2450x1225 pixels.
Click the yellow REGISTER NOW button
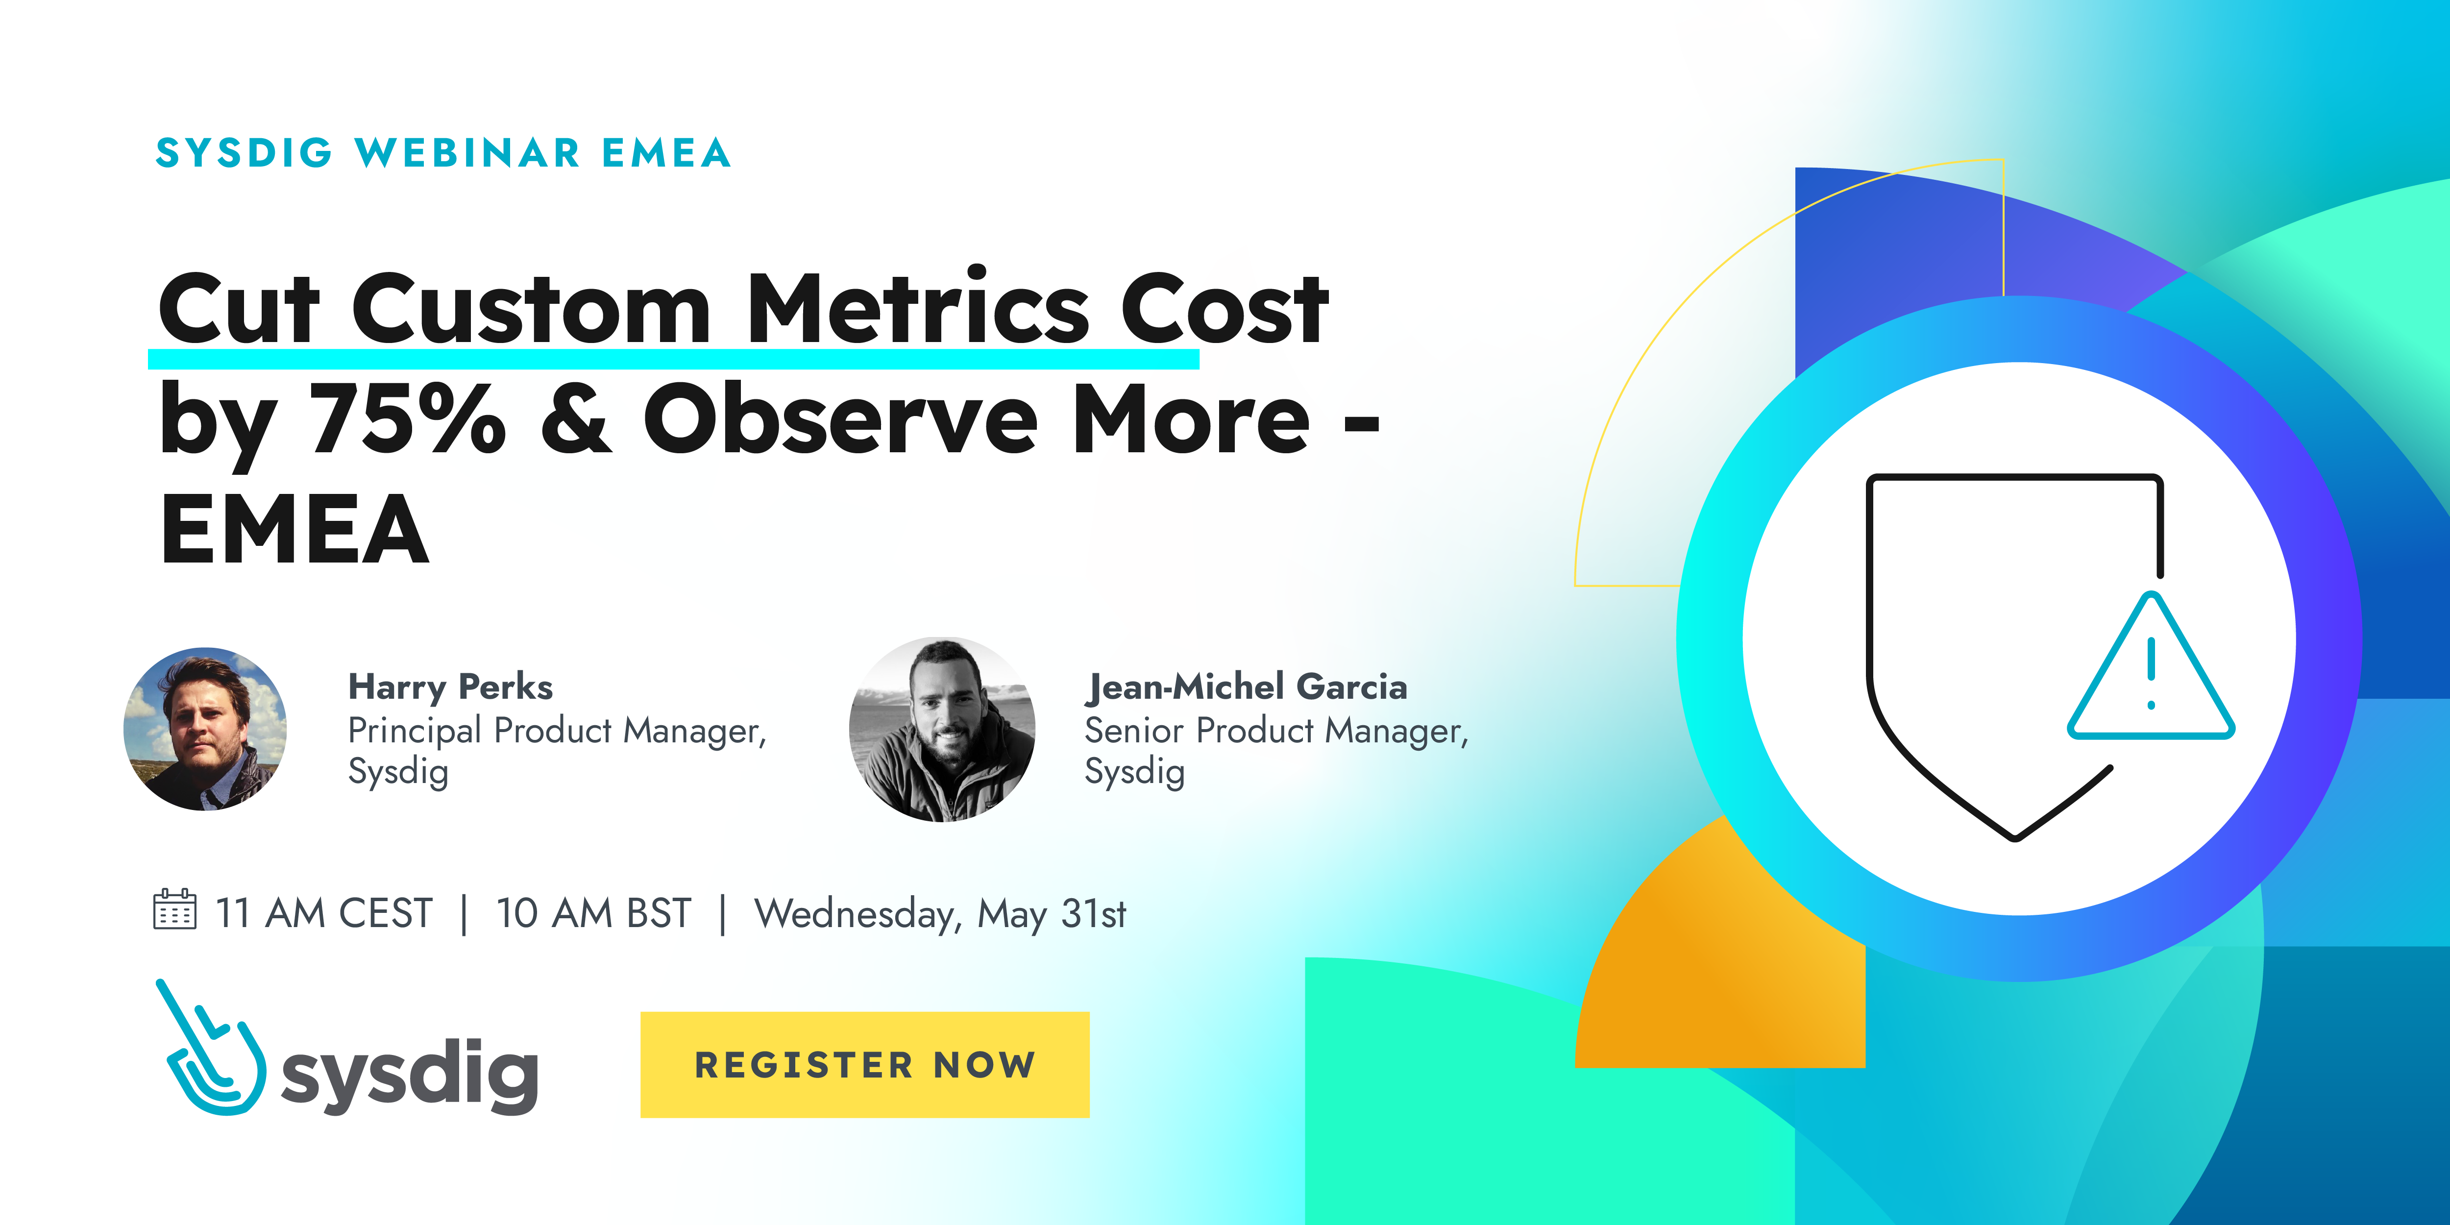[864, 1064]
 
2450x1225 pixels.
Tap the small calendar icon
[175, 909]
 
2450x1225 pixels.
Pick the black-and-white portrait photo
[942, 730]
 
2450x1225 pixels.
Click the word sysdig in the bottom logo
[410, 1075]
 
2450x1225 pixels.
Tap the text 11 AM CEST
[323, 913]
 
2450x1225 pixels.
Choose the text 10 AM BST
[593, 913]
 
